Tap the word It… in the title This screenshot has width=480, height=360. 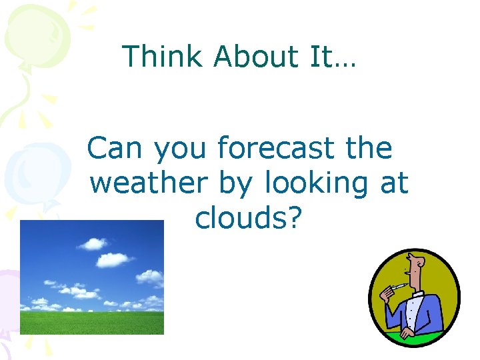coord(333,57)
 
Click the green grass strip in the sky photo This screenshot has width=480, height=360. coord(91,323)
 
